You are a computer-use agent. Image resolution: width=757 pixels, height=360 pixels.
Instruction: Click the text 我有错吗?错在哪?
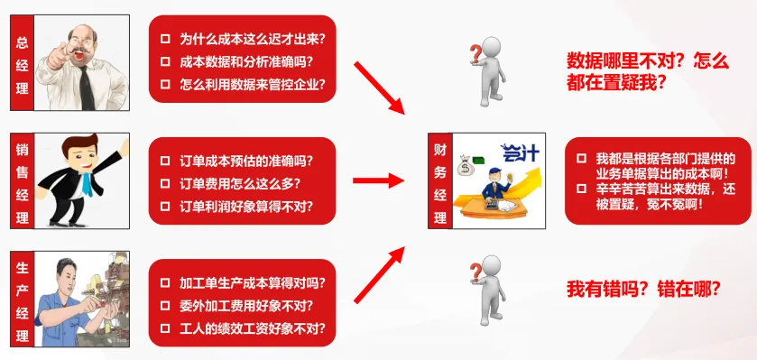pyautogui.click(x=642, y=289)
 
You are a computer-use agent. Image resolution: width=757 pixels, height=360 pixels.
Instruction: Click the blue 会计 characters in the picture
pyautogui.click(x=520, y=152)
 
